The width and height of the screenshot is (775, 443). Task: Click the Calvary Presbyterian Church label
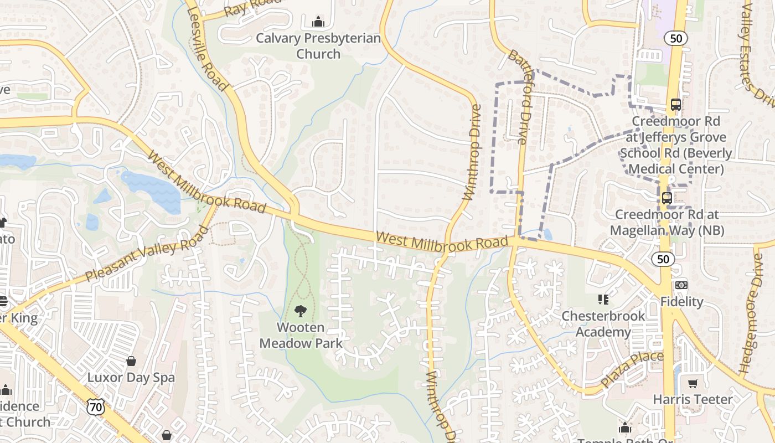(x=318, y=46)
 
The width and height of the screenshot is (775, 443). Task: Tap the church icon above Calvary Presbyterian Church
(x=318, y=22)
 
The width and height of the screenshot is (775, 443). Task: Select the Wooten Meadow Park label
(x=301, y=335)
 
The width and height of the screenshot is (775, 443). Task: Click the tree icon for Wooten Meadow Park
(x=301, y=311)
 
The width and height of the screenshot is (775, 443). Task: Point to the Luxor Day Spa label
(x=131, y=378)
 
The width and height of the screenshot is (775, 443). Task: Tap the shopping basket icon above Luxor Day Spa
(x=131, y=361)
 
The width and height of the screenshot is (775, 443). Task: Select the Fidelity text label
(x=681, y=302)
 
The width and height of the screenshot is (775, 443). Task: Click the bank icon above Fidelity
(x=681, y=285)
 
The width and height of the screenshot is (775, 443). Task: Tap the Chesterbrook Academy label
(x=603, y=324)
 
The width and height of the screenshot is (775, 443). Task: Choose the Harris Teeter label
(x=693, y=399)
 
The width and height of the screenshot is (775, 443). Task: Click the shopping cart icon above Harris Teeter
(x=693, y=383)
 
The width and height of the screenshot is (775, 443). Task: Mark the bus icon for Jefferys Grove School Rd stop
(x=675, y=104)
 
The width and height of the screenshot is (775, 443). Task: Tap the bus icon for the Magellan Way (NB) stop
(x=666, y=198)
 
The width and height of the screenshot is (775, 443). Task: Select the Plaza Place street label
(x=632, y=370)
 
